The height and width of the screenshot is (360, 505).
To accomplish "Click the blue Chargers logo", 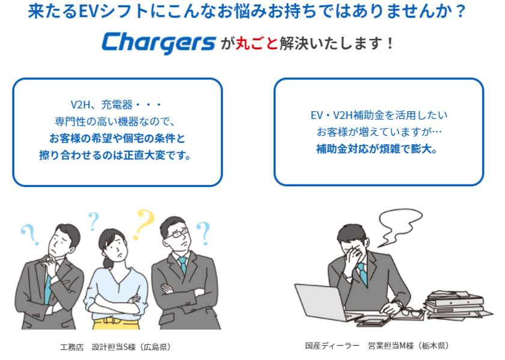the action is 159,43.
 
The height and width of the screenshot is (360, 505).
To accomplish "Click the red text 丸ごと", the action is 257,43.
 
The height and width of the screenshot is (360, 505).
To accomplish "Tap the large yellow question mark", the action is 144,224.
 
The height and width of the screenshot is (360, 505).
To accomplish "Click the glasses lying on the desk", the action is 412,313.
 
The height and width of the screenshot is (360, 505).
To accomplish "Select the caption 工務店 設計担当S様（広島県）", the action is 115,347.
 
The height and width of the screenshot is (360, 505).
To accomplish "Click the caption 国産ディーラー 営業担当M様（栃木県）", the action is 377,346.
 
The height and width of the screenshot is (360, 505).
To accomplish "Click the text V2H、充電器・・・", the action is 116,105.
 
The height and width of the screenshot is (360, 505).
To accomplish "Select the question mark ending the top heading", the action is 461,11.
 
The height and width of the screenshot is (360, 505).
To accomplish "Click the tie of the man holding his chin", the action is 47,289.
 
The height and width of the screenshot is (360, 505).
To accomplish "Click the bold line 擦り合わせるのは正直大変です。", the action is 115,155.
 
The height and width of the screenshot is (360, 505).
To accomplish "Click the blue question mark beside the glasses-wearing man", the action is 203,233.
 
